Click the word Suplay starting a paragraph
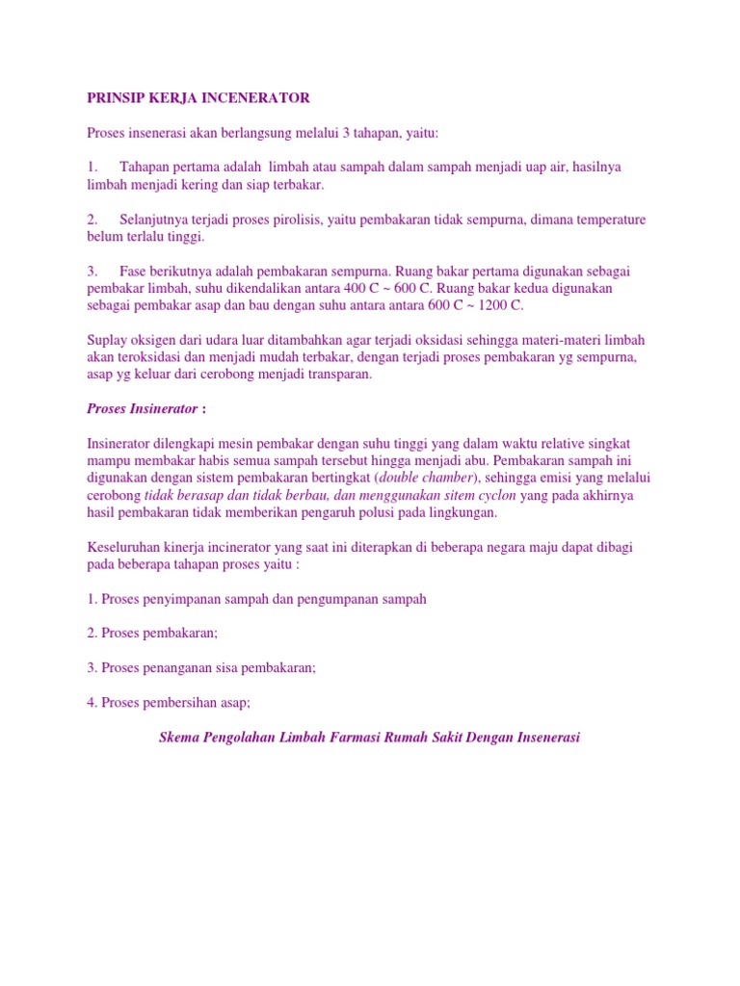[107, 340]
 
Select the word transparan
[334, 375]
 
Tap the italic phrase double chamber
[428, 478]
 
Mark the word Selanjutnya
[157, 220]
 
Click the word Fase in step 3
[134, 272]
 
